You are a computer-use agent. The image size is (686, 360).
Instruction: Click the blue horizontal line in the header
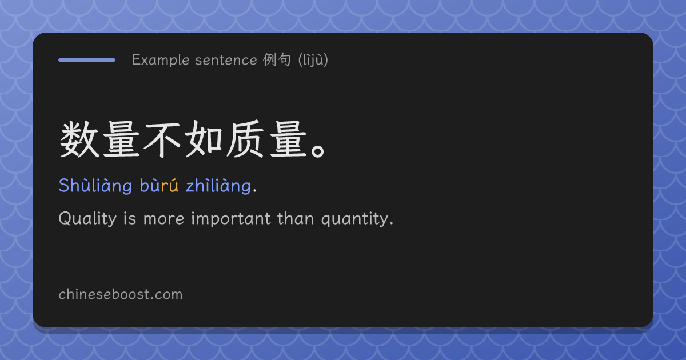pos(87,60)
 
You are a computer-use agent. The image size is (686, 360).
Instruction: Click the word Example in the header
pos(161,60)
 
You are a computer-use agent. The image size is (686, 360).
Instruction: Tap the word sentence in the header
pos(226,60)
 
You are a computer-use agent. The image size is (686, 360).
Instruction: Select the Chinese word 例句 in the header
pos(277,59)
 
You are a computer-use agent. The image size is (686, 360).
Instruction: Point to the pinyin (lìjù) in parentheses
pos(313,60)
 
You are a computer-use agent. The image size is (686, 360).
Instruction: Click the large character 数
pos(79,139)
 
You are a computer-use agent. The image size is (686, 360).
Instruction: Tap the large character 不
pos(162,140)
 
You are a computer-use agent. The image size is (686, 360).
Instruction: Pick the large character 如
pos(204,139)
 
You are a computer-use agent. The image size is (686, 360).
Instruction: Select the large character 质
pos(245,139)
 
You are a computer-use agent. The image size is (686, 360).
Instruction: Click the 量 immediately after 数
pos(121,139)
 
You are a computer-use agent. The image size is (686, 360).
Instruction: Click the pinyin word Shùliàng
pos(95,186)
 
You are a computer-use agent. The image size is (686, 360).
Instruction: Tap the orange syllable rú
pos(169,186)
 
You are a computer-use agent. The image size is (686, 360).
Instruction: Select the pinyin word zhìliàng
pos(218,186)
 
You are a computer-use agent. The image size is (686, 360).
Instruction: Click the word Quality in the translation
pos(87,219)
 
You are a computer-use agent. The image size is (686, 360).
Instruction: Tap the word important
pos(231,219)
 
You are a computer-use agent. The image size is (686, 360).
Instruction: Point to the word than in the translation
pos(296,218)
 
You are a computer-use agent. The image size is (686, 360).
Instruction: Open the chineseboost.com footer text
pos(121,294)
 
